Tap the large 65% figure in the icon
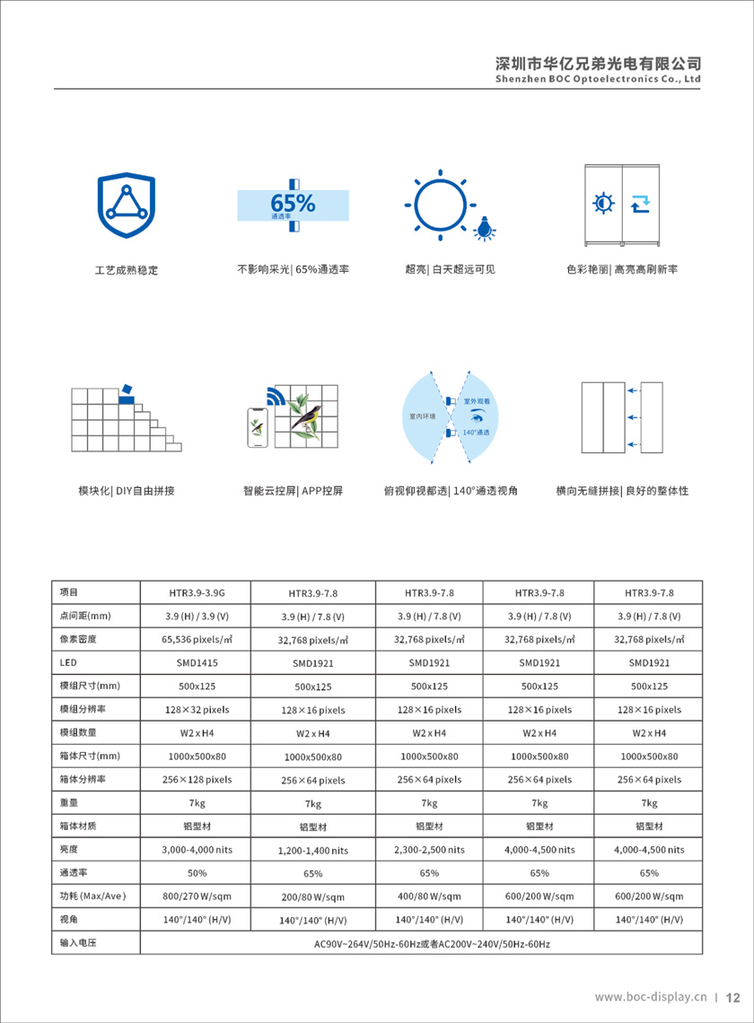pos(293,203)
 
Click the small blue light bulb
pos(486,229)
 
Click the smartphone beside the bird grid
pos(259,429)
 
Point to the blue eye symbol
pos(476,415)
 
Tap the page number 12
pos(732,997)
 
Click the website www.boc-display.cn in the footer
pos(652,997)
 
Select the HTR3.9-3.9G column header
pos(197,592)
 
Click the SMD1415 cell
pos(197,663)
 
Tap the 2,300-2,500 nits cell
pos(429,849)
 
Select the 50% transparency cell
pos(197,872)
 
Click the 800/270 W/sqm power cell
pos(197,896)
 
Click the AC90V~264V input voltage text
pos(431,944)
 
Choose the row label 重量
pos(70,802)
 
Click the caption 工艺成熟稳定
pos(127,270)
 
